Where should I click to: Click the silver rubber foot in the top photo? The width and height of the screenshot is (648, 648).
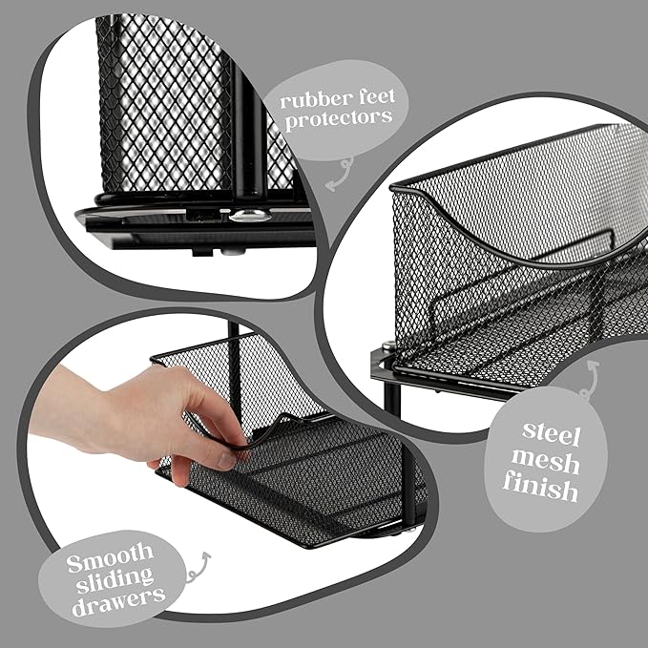[x=247, y=216]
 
